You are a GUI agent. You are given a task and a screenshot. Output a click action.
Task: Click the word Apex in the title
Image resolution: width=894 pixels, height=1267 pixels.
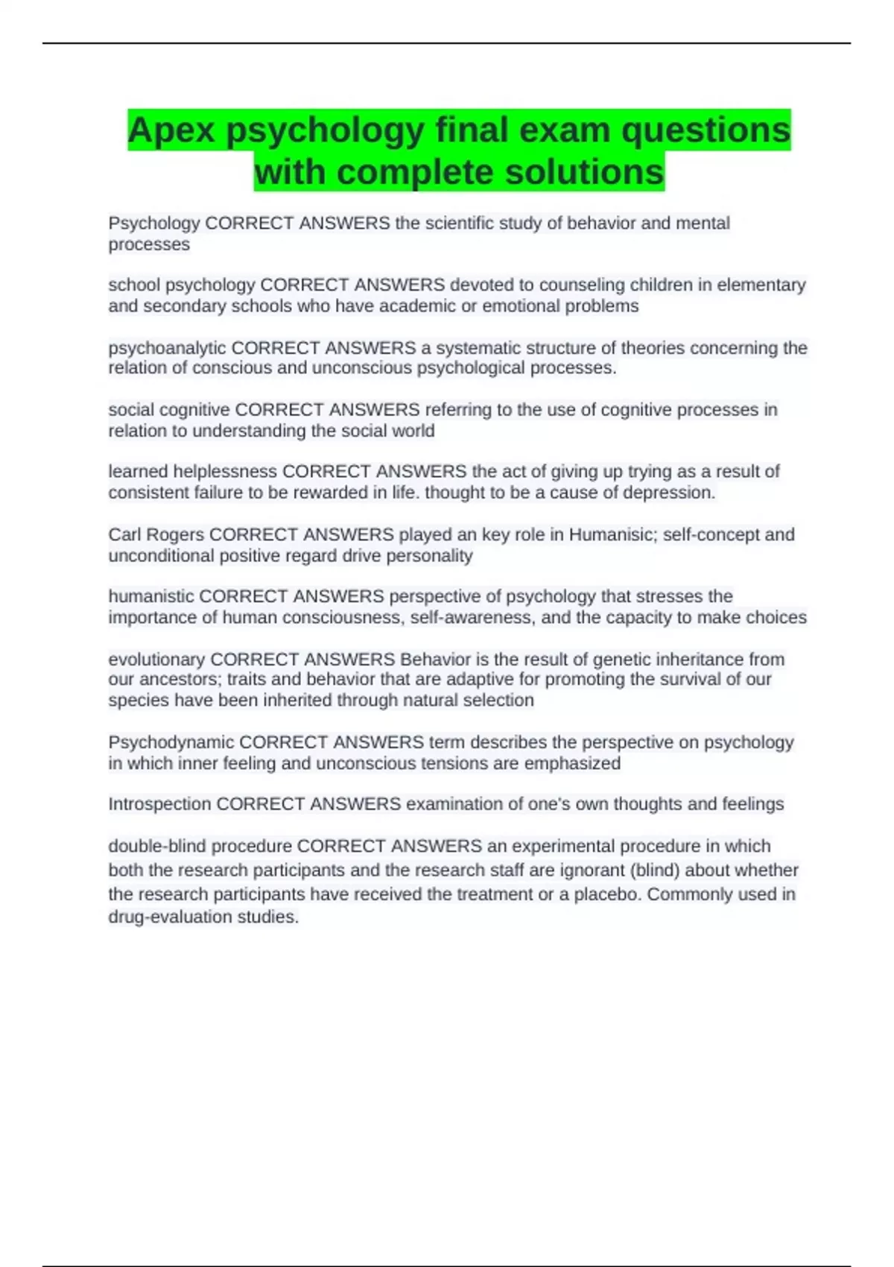coord(171,130)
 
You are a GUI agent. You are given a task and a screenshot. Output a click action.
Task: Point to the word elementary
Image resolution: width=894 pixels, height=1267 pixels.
coord(761,285)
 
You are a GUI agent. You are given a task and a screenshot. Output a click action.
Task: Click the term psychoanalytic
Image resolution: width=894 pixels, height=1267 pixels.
coord(167,348)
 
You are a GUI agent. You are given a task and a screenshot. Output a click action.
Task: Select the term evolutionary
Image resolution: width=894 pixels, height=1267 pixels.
coord(156,660)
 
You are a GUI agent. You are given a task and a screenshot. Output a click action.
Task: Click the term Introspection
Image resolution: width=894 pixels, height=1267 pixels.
coord(159,804)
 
